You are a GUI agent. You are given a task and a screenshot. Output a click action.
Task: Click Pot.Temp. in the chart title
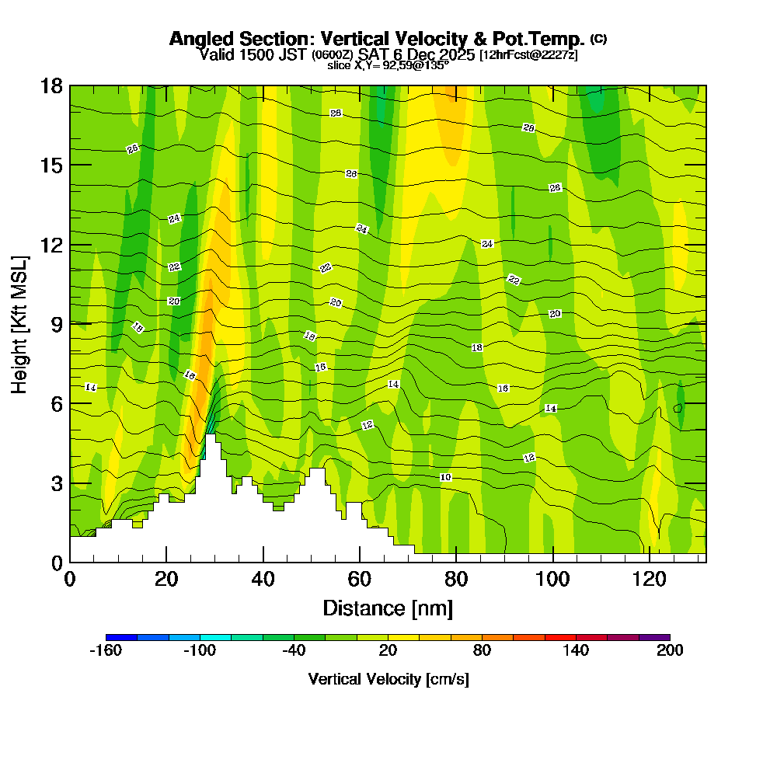541,39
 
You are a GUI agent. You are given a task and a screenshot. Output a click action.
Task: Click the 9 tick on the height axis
56,324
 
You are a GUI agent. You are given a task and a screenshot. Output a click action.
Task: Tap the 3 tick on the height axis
56,483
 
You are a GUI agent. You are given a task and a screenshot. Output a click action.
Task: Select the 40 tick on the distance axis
263,579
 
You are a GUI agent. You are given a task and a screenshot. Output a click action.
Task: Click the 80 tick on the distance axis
456,579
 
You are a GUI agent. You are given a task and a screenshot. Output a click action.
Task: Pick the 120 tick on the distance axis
649,579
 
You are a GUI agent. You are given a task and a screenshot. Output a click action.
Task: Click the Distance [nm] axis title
388,608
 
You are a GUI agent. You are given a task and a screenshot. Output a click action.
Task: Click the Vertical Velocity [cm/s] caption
388,680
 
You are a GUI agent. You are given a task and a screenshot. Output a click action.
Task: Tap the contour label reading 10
445,477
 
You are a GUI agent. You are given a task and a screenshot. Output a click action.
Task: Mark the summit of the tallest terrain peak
211,435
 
